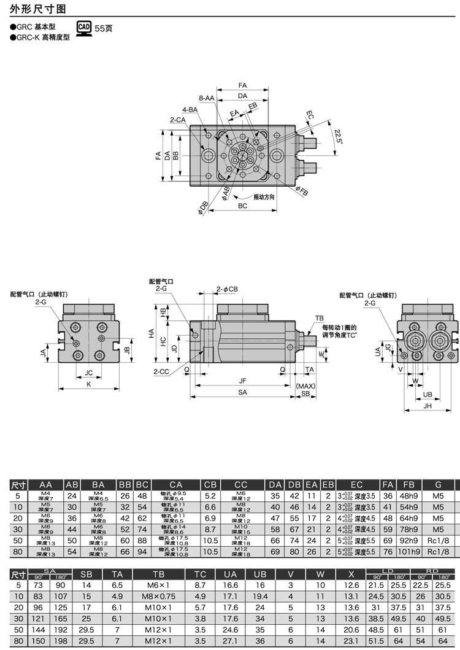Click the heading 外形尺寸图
click(x=37, y=9)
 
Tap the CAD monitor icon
click(x=83, y=28)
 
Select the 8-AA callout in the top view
click(x=207, y=98)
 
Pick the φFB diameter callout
click(x=301, y=192)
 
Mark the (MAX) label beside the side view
click(x=305, y=386)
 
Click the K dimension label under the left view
click(x=89, y=384)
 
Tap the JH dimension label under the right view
click(x=428, y=406)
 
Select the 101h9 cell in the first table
click(x=408, y=551)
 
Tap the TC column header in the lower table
click(x=200, y=575)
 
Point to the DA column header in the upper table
click(x=275, y=484)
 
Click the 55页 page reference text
click(x=104, y=28)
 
